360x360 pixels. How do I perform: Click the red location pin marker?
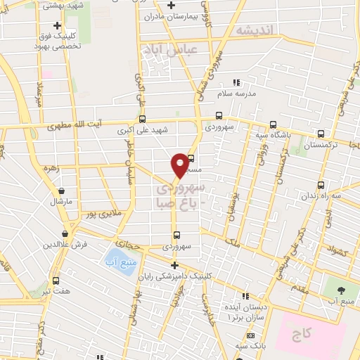click(x=179, y=164)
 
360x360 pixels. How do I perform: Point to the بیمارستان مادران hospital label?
click(x=172, y=15)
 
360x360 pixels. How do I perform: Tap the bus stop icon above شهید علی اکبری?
click(x=143, y=119)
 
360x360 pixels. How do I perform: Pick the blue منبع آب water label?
click(x=119, y=259)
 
